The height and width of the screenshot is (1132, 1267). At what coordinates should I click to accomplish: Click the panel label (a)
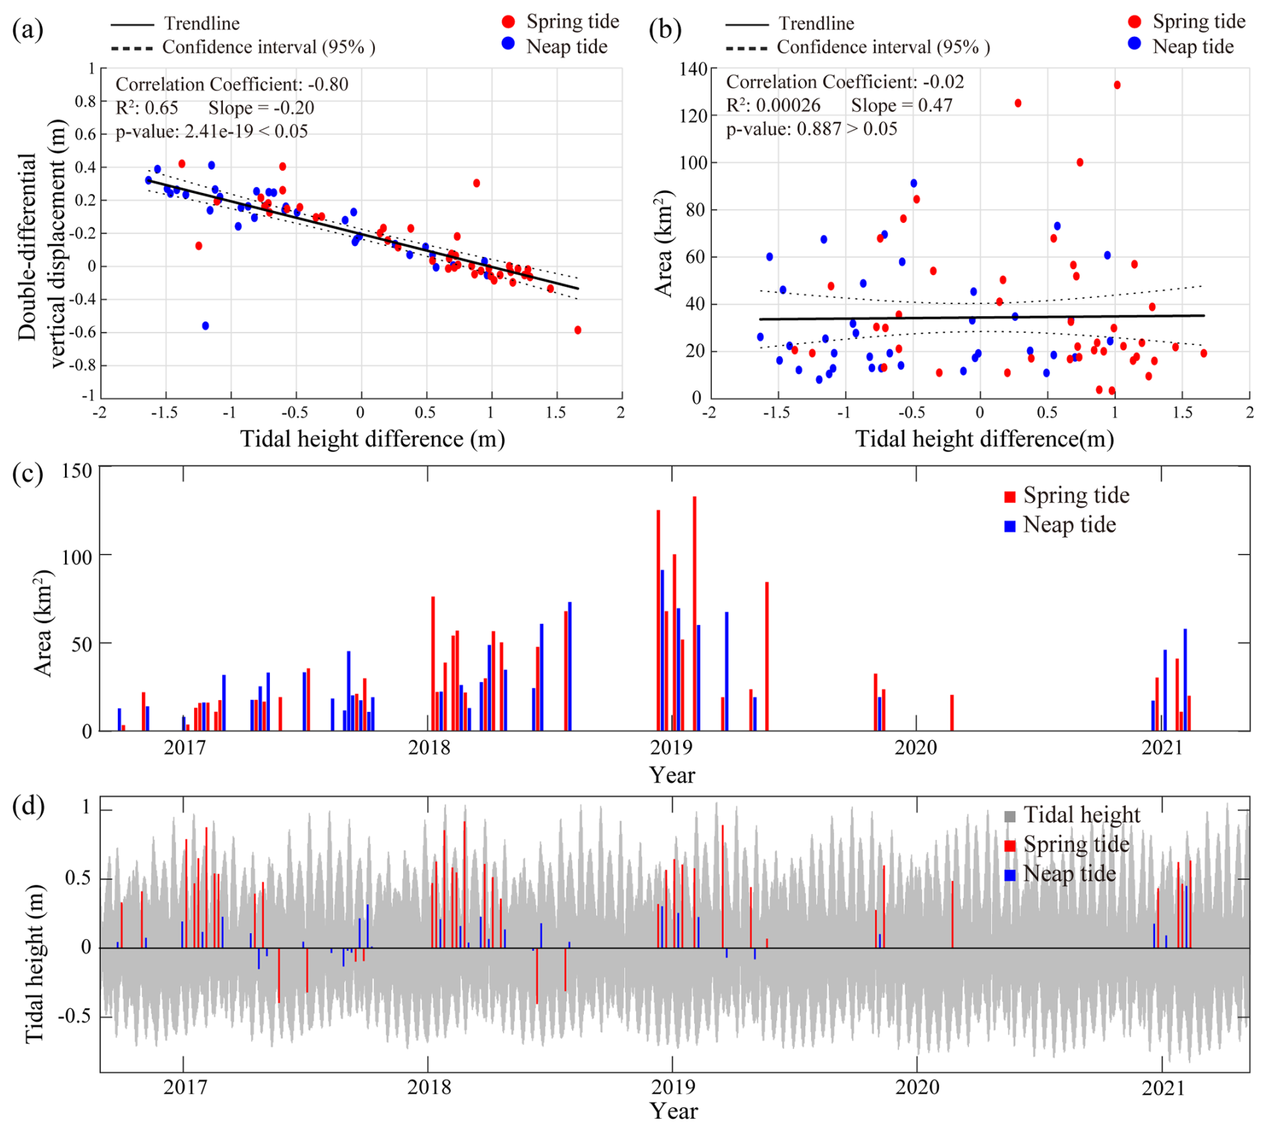click(x=27, y=29)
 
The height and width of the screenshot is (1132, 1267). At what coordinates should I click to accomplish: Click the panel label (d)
click(x=27, y=806)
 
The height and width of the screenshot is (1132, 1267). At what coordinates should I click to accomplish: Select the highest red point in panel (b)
click(x=1117, y=85)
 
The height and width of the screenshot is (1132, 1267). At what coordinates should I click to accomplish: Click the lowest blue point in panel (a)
click(x=206, y=326)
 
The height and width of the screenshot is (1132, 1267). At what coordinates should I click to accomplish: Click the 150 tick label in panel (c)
click(x=77, y=471)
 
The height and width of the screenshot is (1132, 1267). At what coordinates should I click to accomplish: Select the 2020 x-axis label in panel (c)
click(x=915, y=748)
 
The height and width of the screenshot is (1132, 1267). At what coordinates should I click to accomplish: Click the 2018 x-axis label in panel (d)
click(x=429, y=1086)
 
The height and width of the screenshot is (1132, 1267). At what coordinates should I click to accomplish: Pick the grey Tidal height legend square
click(x=1010, y=817)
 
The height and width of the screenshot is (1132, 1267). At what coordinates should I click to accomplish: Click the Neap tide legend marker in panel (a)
click(x=508, y=44)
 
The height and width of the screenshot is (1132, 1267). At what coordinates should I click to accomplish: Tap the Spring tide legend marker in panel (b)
click(x=1134, y=21)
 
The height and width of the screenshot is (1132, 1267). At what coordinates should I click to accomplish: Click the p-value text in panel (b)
click(x=812, y=129)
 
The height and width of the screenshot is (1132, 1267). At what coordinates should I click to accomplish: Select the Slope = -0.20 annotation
click(x=261, y=108)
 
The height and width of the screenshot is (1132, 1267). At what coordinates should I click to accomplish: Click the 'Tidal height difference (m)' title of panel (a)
click(x=372, y=439)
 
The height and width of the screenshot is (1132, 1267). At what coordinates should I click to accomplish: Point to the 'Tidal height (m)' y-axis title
click(x=35, y=964)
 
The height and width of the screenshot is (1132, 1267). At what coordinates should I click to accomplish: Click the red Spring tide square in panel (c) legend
click(x=1010, y=496)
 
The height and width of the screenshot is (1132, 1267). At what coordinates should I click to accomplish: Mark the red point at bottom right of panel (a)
click(x=578, y=330)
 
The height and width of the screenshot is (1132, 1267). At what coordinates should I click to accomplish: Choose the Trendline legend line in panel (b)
click(x=746, y=25)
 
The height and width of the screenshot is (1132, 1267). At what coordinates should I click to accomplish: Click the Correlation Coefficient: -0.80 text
click(x=232, y=84)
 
